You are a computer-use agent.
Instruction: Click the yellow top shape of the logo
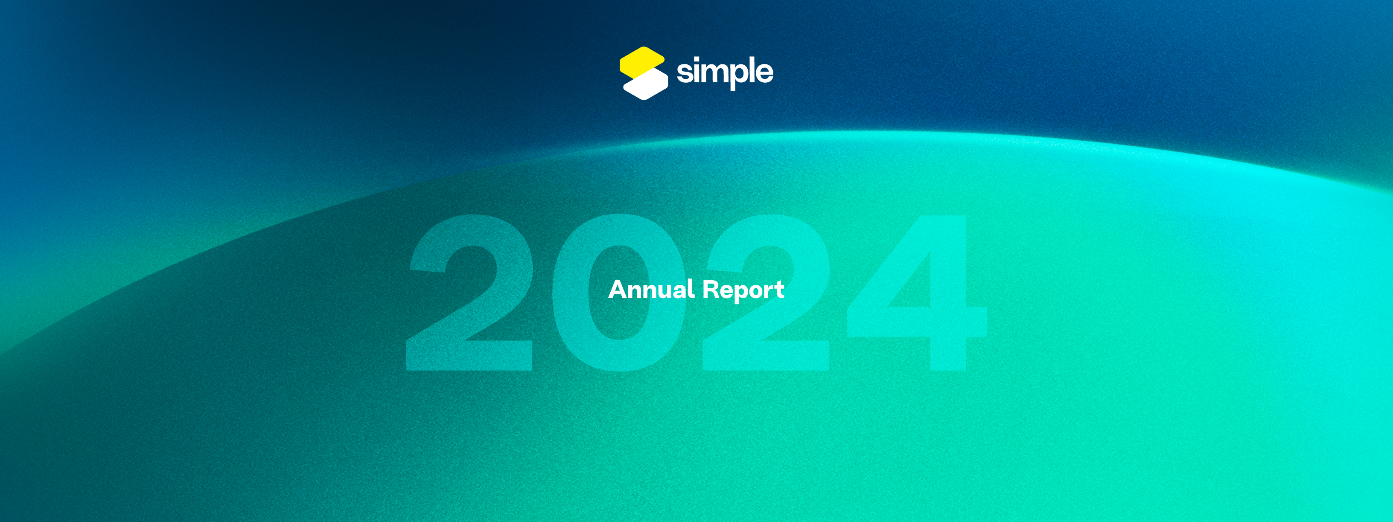(x=642, y=61)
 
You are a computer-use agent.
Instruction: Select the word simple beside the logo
(x=725, y=72)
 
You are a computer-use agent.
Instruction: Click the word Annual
(x=651, y=289)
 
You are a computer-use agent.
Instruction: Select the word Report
(x=743, y=290)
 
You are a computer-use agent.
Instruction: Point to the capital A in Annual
(x=618, y=289)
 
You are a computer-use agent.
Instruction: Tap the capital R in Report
(x=711, y=289)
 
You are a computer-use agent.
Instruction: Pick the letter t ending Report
(x=779, y=290)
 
